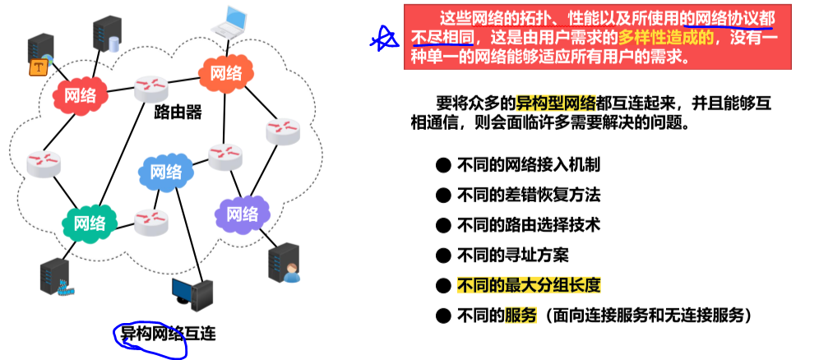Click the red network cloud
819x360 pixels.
80,95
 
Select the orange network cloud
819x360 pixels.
225,72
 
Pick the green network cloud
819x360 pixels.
90,223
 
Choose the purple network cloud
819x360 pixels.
242,215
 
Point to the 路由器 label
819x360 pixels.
178,112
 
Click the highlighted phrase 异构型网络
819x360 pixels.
556,103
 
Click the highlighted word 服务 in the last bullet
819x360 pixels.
521,316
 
